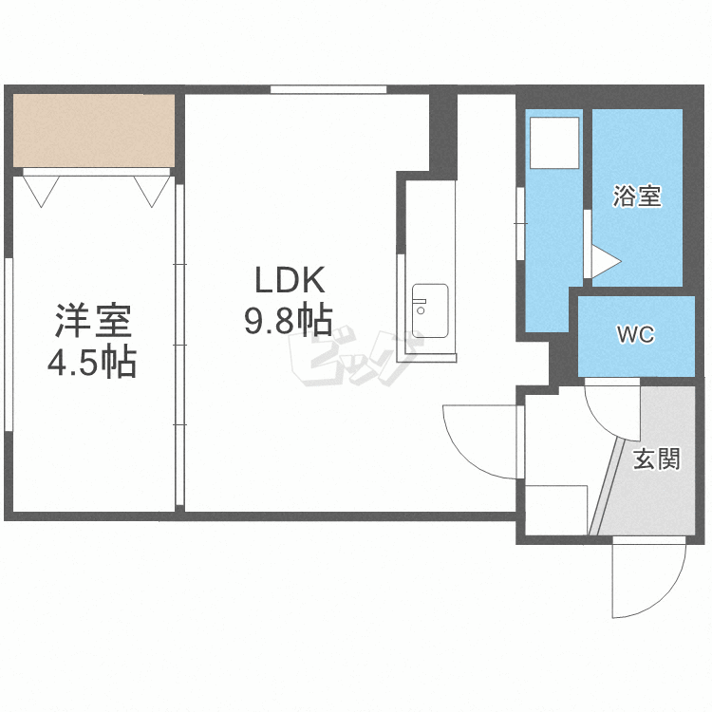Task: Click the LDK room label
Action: coord(290,280)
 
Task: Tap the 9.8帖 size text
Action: coord(289,320)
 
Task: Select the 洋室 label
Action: coord(93,321)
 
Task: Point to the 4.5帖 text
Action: coord(92,362)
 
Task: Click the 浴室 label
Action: coord(637,197)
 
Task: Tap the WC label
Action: coord(636,335)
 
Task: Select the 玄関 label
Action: coord(657,459)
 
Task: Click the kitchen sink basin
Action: coord(429,311)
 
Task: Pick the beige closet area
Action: coord(94,131)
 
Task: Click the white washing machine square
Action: coord(554,143)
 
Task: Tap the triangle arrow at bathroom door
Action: coord(607,262)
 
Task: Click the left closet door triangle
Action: coord(41,191)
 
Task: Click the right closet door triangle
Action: coord(152,191)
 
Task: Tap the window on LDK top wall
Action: coord(328,90)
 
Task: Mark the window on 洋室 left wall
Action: coord(9,344)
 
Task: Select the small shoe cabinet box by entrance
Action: coord(556,511)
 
